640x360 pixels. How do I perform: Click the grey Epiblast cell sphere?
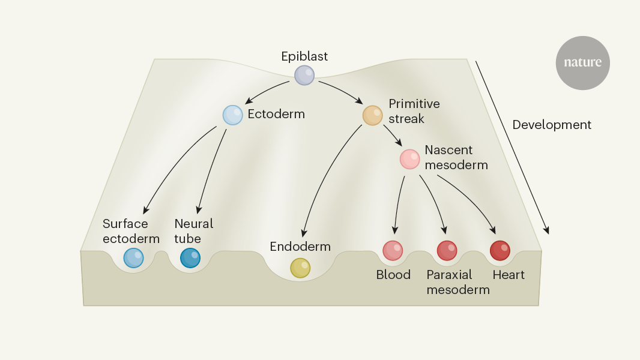(304, 75)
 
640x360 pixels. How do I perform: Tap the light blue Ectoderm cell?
(232, 115)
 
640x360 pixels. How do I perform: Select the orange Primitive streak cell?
(372, 115)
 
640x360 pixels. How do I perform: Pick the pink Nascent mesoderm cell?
(410, 159)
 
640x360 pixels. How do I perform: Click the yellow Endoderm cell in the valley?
(300, 268)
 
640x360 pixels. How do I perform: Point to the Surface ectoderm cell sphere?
(133, 257)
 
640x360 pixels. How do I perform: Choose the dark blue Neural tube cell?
(190, 257)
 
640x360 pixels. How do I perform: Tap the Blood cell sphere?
(393, 250)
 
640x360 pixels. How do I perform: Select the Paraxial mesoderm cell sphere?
(447, 250)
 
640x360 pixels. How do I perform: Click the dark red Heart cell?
(500, 250)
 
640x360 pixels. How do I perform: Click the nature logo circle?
(582, 63)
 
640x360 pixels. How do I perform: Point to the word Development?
(552, 125)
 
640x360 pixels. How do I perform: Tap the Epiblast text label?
(304, 56)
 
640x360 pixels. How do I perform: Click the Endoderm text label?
(300, 247)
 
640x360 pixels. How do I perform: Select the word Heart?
(509, 275)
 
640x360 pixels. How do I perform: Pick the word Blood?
(393, 275)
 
